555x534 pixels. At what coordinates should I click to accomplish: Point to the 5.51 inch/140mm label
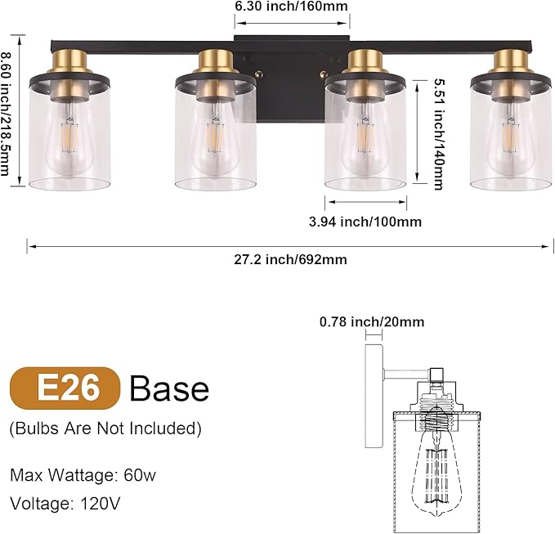point(437,134)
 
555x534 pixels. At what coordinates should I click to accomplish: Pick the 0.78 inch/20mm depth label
point(372,322)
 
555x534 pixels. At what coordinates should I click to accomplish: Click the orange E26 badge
point(65,388)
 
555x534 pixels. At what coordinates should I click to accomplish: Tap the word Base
point(169,388)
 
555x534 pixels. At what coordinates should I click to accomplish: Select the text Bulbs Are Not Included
point(105,428)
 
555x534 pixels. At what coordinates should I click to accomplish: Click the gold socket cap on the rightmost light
point(510,64)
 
